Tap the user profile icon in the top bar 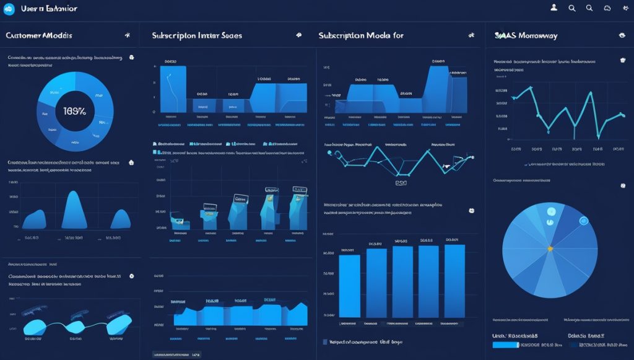[x=554, y=7]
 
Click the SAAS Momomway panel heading [x=526, y=36]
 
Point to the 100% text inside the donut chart [x=75, y=111]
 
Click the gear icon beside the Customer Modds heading [x=127, y=36]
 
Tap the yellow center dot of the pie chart [x=549, y=248]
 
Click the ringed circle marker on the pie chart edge [x=583, y=221]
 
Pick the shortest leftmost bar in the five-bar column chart [x=349, y=285]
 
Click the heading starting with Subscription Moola [x=361, y=36]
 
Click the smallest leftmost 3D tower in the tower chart [x=178, y=222]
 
